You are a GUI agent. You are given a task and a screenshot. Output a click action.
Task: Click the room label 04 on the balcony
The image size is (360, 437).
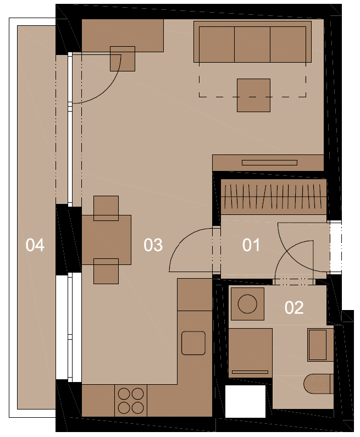(35, 245)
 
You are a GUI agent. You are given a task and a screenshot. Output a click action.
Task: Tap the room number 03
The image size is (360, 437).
(153, 245)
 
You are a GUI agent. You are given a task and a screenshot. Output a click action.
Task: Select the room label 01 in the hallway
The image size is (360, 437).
(251, 245)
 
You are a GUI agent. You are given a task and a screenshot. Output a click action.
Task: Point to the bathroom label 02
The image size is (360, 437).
(294, 307)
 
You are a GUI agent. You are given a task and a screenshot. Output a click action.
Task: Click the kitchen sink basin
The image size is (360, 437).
(193, 343)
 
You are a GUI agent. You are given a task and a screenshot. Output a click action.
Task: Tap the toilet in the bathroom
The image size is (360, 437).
(318, 384)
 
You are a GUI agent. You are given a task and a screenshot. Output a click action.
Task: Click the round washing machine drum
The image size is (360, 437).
(247, 304)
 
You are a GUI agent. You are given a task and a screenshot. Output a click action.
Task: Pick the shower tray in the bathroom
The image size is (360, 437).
(250, 353)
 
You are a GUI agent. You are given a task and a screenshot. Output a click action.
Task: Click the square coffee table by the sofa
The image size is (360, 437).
(253, 95)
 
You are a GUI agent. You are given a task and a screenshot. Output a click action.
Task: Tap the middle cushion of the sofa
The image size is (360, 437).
(252, 45)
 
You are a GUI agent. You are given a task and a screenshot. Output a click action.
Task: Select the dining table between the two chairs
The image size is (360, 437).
(107, 240)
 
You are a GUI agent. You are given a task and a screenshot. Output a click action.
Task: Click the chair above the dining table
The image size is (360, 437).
(106, 208)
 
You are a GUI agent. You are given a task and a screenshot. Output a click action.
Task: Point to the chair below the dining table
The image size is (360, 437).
(106, 271)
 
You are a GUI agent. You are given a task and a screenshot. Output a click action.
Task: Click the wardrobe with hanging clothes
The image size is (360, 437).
(274, 197)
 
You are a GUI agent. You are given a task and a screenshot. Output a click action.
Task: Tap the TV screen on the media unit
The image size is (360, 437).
(269, 163)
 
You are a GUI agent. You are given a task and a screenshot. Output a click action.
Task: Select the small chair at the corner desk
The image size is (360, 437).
(123, 58)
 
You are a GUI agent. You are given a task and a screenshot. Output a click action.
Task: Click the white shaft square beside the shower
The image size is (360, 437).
(245, 401)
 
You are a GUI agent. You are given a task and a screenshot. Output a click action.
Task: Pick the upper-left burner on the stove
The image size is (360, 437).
(124, 394)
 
